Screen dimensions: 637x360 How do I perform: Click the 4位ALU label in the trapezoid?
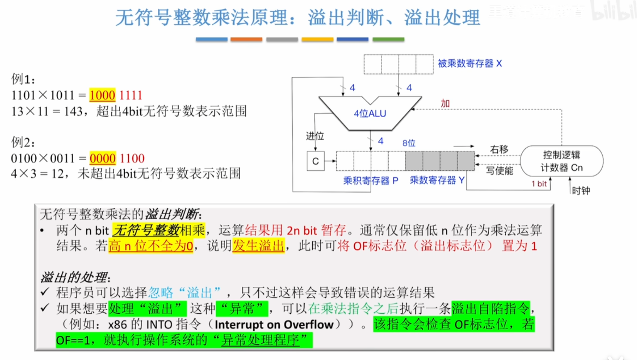click(x=370, y=113)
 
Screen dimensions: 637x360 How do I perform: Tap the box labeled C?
click(x=315, y=161)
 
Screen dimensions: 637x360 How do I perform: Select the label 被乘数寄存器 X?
click(x=470, y=64)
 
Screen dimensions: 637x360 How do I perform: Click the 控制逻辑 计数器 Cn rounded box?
click(x=562, y=161)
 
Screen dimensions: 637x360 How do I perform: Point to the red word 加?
click(x=445, y=103)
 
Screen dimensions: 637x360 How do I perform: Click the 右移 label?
click(x=499, y=149)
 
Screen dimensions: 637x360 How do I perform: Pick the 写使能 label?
click(x=500, y=171)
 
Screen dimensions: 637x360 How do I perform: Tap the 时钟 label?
click(x=581, y=190)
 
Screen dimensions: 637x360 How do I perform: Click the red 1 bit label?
click(x=539, y=184)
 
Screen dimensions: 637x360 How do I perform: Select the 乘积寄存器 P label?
click(x=371, y=180)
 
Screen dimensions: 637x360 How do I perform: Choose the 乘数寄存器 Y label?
click(x=437, y=180)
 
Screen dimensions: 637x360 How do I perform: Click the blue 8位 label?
click(x=409, y=143)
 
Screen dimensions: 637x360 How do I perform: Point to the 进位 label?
click(x=315, y=136)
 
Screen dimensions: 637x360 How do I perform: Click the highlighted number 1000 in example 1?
click(x=103, y=95)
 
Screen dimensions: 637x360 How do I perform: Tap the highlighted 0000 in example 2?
click(x=103, y=158)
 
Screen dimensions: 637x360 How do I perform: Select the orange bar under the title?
click(x=246, y=40)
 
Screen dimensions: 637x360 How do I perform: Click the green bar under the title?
click(x=388, y=40)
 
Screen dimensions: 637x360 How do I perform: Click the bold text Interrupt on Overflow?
click(x=274, y=325)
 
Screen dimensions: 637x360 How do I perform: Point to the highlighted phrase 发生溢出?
click(x=258, y=246)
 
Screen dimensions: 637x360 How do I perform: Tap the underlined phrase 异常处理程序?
click(x=261, y=340)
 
